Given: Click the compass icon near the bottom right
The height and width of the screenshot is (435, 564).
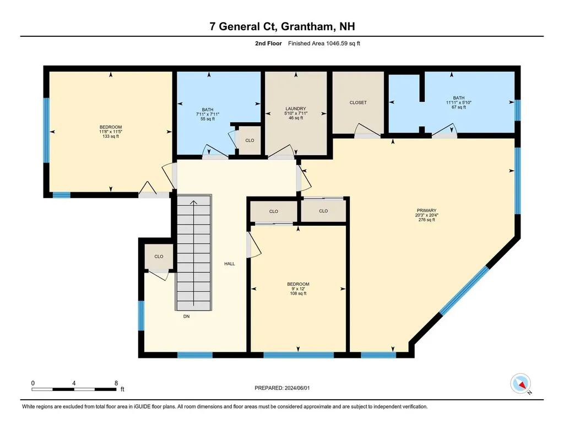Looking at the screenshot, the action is (x=520, y=384).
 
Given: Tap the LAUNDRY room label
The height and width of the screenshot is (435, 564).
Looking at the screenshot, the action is (x=296, y=108).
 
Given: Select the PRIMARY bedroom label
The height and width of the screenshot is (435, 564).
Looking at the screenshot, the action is (x=427, y=210).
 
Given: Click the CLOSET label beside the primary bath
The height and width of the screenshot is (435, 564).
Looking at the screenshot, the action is (x=358, y=102).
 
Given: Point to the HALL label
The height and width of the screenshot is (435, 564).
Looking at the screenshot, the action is (x=230, y=264).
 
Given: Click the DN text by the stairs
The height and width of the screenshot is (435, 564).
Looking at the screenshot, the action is (x=186, y=317).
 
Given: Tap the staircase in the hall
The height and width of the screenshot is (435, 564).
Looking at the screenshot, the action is (x=193, y=252).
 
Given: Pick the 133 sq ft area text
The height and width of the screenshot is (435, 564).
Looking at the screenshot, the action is (x=111, y=136).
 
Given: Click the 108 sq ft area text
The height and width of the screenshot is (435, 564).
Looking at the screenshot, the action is (x=298, y=293).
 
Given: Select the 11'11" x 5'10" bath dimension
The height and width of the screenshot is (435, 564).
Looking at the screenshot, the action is (x=459, y=102).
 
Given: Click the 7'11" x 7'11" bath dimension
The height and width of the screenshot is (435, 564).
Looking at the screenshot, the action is (x=208, y=115).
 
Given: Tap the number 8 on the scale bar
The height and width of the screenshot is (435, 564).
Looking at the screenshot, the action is (x=116, y=383).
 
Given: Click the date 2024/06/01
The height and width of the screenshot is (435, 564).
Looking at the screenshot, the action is (x=297, y=388).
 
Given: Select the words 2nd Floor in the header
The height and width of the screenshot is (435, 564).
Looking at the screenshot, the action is (x=268, y=44).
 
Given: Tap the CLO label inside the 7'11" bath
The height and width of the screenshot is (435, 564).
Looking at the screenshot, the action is (x=250, y=140).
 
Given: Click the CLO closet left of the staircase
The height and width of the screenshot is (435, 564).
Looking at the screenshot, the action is (x=159, y=257).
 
